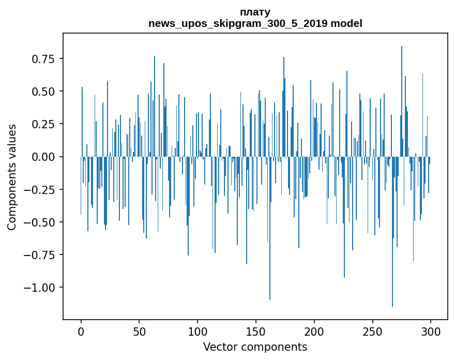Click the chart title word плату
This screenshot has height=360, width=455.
click(255, 12)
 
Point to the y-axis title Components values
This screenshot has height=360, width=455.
click(12, 177)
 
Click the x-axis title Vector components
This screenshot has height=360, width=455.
click(255, 347)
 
